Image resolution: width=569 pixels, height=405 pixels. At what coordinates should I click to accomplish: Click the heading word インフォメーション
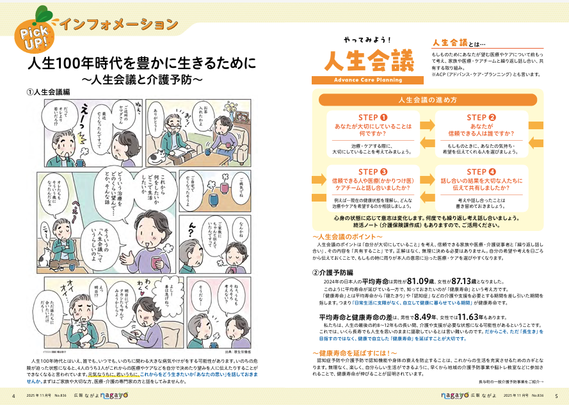pos(118,24)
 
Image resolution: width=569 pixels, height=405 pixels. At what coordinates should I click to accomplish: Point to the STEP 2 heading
pos(481,117)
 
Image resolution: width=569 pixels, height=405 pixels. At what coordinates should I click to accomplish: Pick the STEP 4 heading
pos(481,171)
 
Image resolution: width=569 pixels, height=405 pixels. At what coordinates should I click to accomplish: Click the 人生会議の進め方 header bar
pos(427,100)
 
